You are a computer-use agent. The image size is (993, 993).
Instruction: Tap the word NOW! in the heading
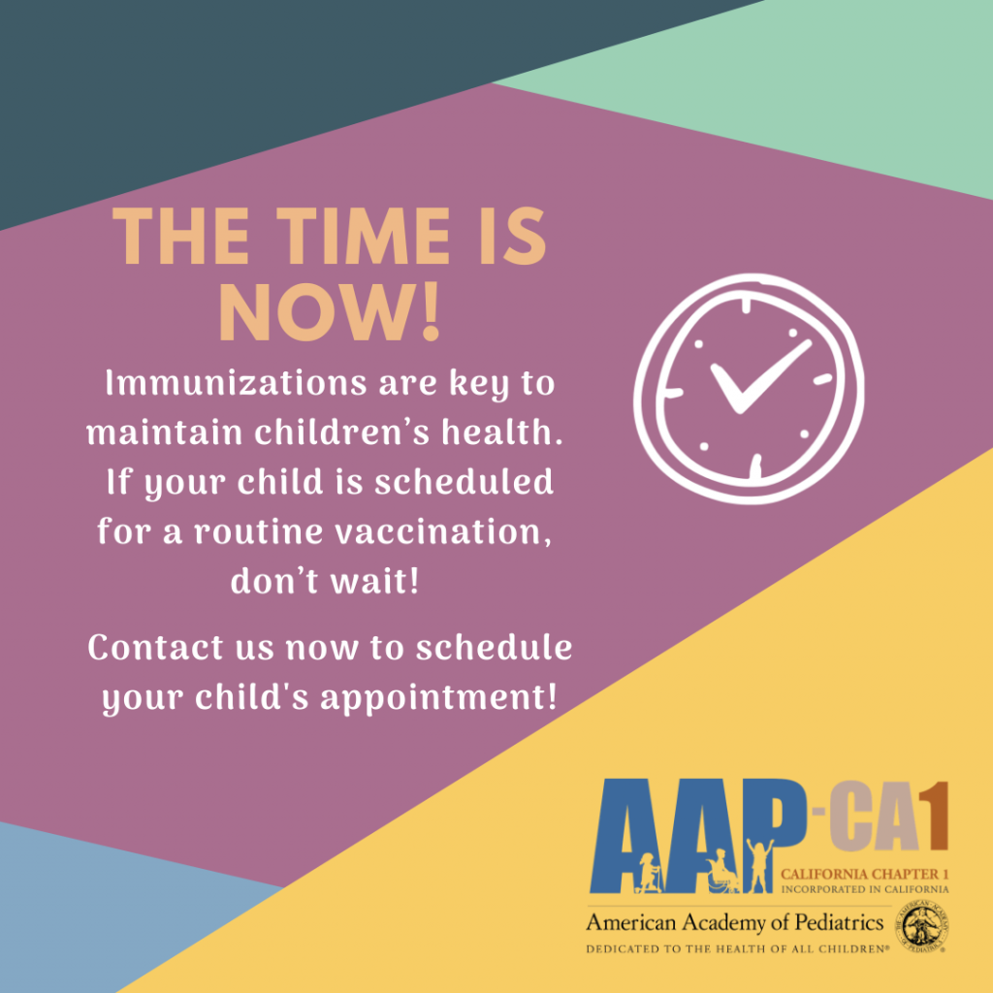(329, 312)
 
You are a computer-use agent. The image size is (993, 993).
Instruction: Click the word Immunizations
(237, 383)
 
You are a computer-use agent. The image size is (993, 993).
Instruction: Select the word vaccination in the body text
(442, 532)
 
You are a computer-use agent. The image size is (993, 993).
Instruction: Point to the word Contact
(155, 648)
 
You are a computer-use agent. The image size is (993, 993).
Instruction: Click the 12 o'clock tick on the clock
(746, 305)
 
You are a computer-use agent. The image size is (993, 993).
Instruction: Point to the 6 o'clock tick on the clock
(755, 465)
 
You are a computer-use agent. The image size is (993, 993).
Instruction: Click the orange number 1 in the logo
(936, 816)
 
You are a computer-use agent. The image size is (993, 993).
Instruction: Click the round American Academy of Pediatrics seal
(921, 926)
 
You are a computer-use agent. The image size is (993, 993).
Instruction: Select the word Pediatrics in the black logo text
(839, 923)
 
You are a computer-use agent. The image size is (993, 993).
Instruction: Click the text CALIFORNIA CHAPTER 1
(864, 874)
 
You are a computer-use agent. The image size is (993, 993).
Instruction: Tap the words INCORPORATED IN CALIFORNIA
(864, 889)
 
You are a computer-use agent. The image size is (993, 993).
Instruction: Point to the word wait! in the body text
(375, 581)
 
